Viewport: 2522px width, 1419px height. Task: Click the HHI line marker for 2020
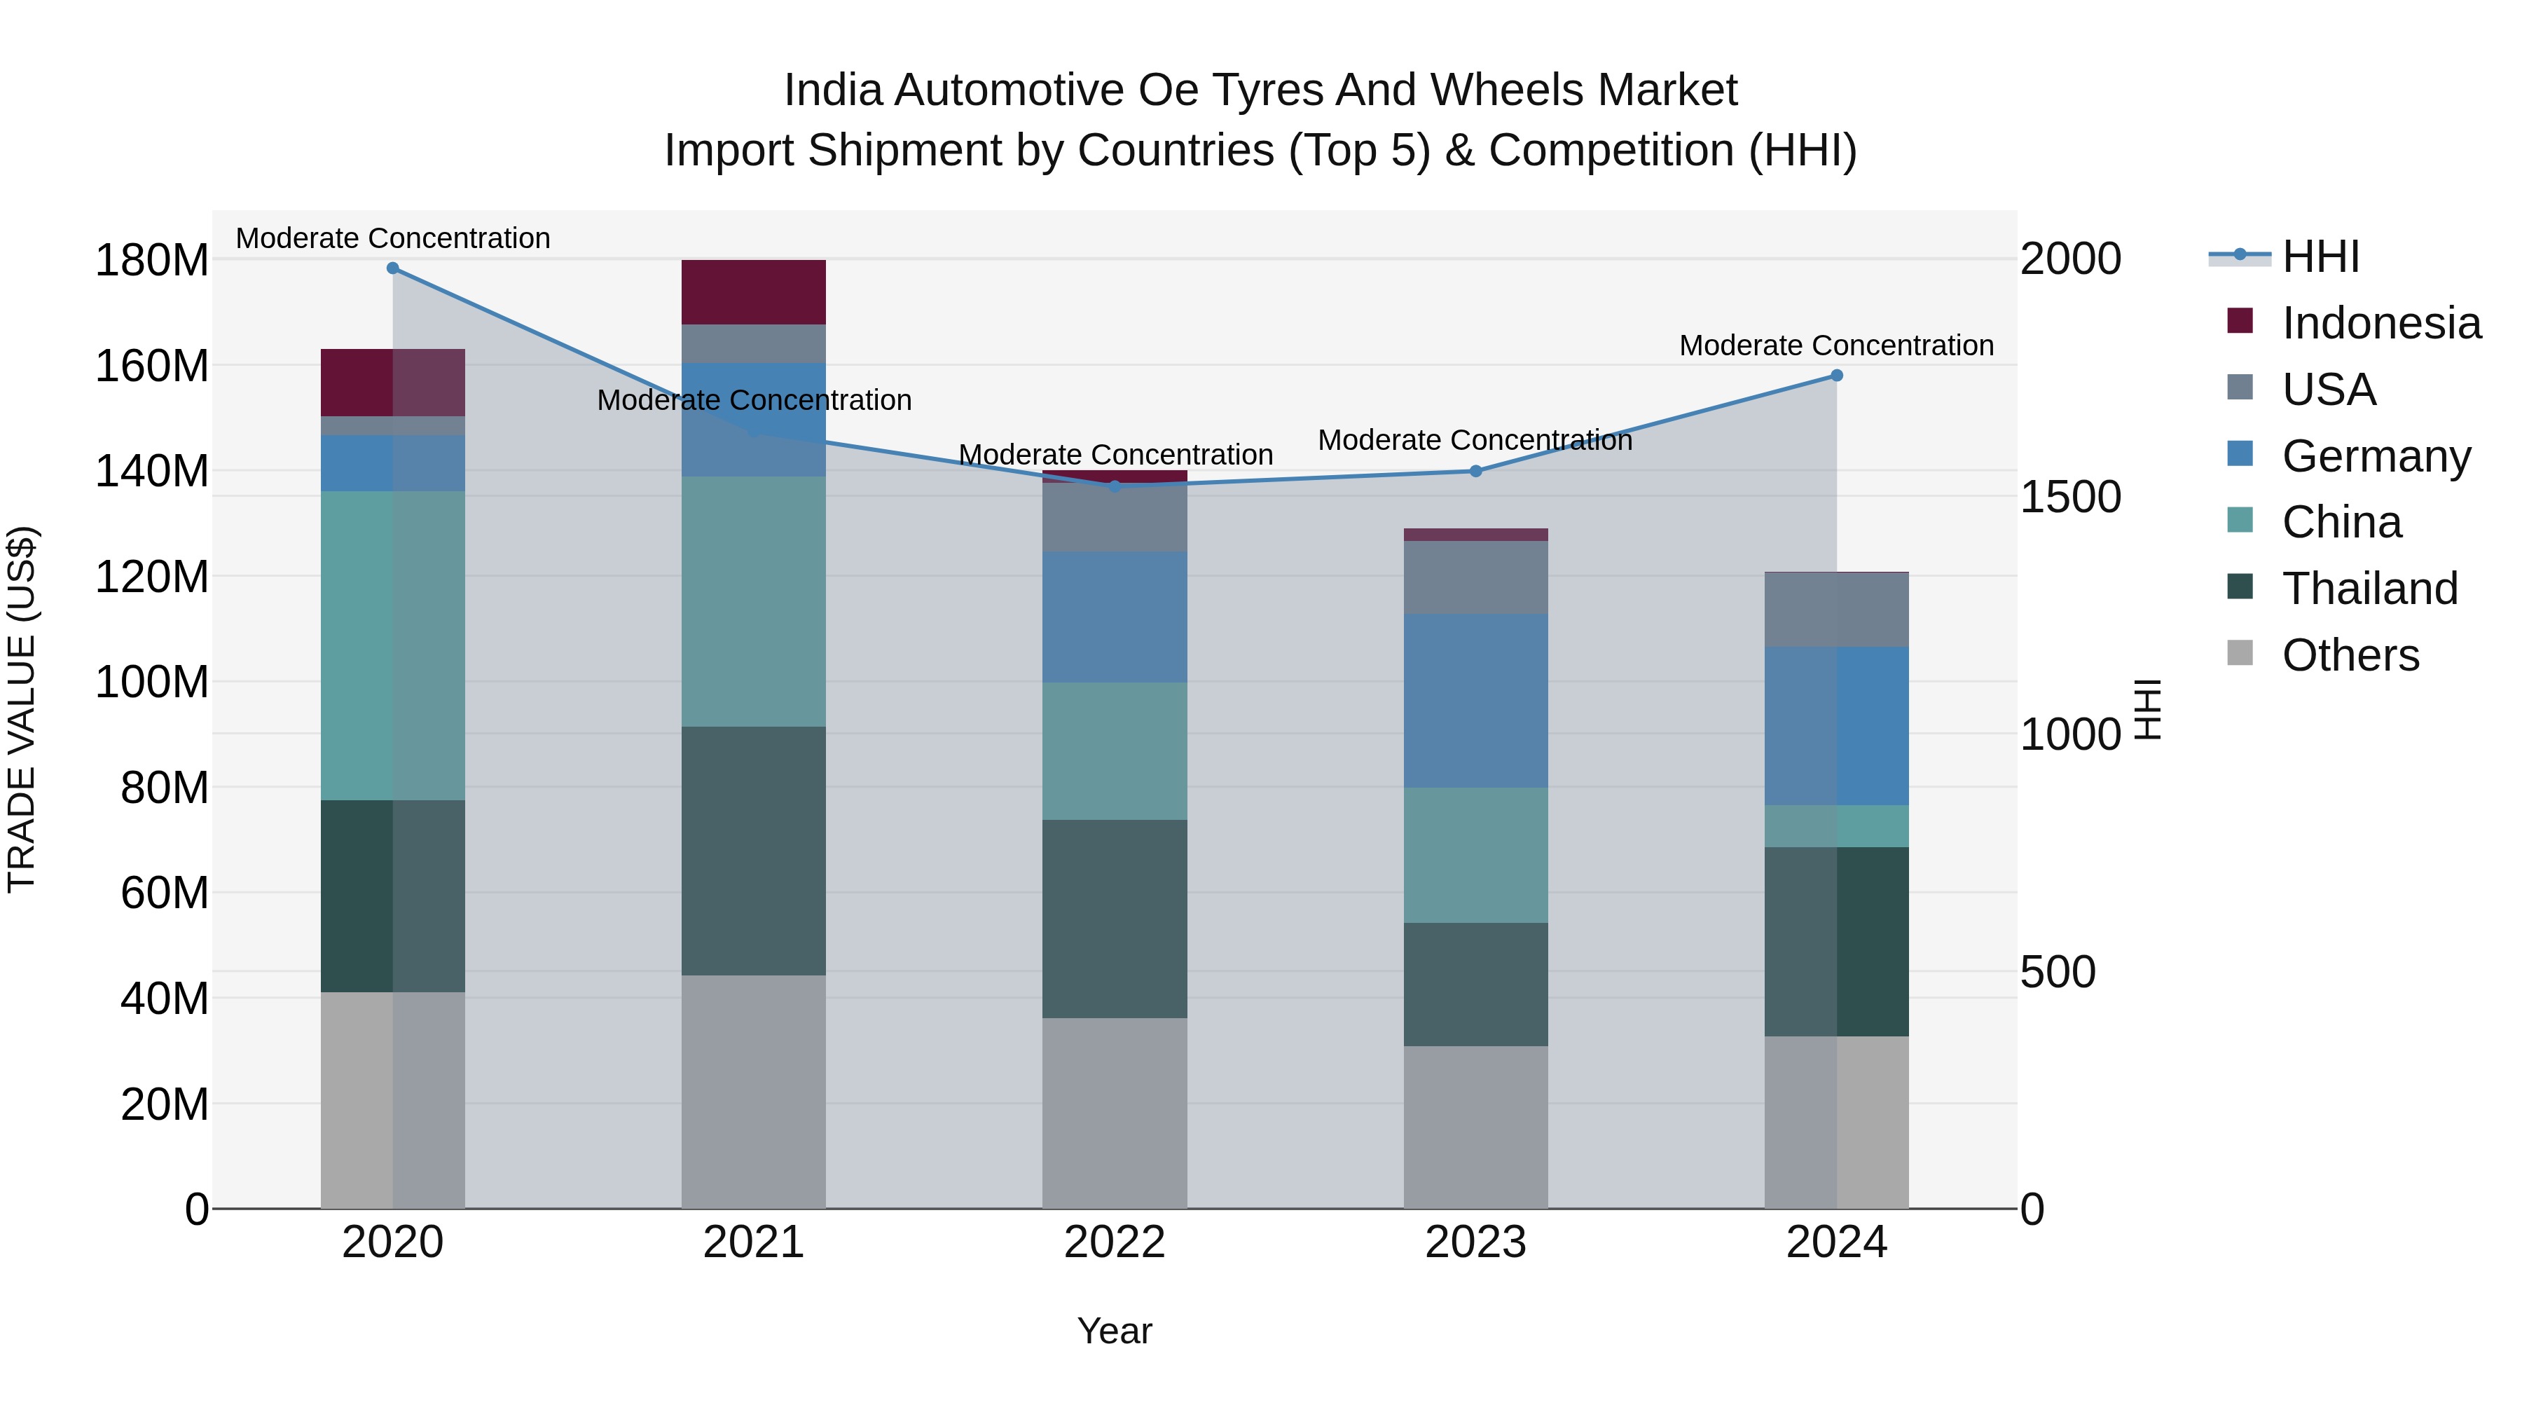click(392, 268)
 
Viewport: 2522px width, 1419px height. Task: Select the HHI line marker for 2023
click(1476, 471)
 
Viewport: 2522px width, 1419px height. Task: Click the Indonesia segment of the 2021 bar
click(754, 292)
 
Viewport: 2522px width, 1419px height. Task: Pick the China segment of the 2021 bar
click(754, 601)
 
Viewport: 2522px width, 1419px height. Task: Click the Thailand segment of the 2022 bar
click(1114, 919)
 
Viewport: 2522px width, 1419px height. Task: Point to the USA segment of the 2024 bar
click(1837, 609)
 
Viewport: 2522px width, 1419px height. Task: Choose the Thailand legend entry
click(2369, 589)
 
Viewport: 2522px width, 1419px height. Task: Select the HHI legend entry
click(2320, 256)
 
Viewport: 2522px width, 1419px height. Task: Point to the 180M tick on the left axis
click(152, 261)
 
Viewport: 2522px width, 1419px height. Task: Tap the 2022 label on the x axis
click(1114, 1242)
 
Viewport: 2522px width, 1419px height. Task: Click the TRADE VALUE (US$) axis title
click(22, 709)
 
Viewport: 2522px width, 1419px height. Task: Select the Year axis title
click(1114, 1331)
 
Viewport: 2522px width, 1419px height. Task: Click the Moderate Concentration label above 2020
click(392, 238)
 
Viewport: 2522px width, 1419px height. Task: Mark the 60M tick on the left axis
click(165, 893)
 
